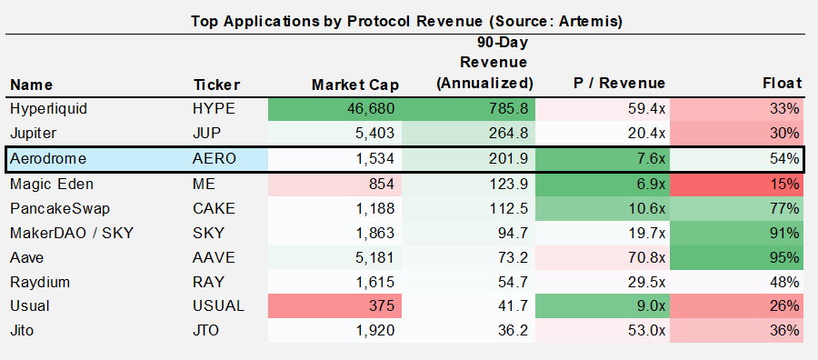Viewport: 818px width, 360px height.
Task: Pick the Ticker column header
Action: (216, 85)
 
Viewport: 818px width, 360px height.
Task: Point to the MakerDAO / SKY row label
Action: (72, 233)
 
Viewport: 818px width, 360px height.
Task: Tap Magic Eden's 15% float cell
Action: (786, 183)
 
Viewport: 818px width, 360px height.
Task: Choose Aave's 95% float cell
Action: (786, 257)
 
